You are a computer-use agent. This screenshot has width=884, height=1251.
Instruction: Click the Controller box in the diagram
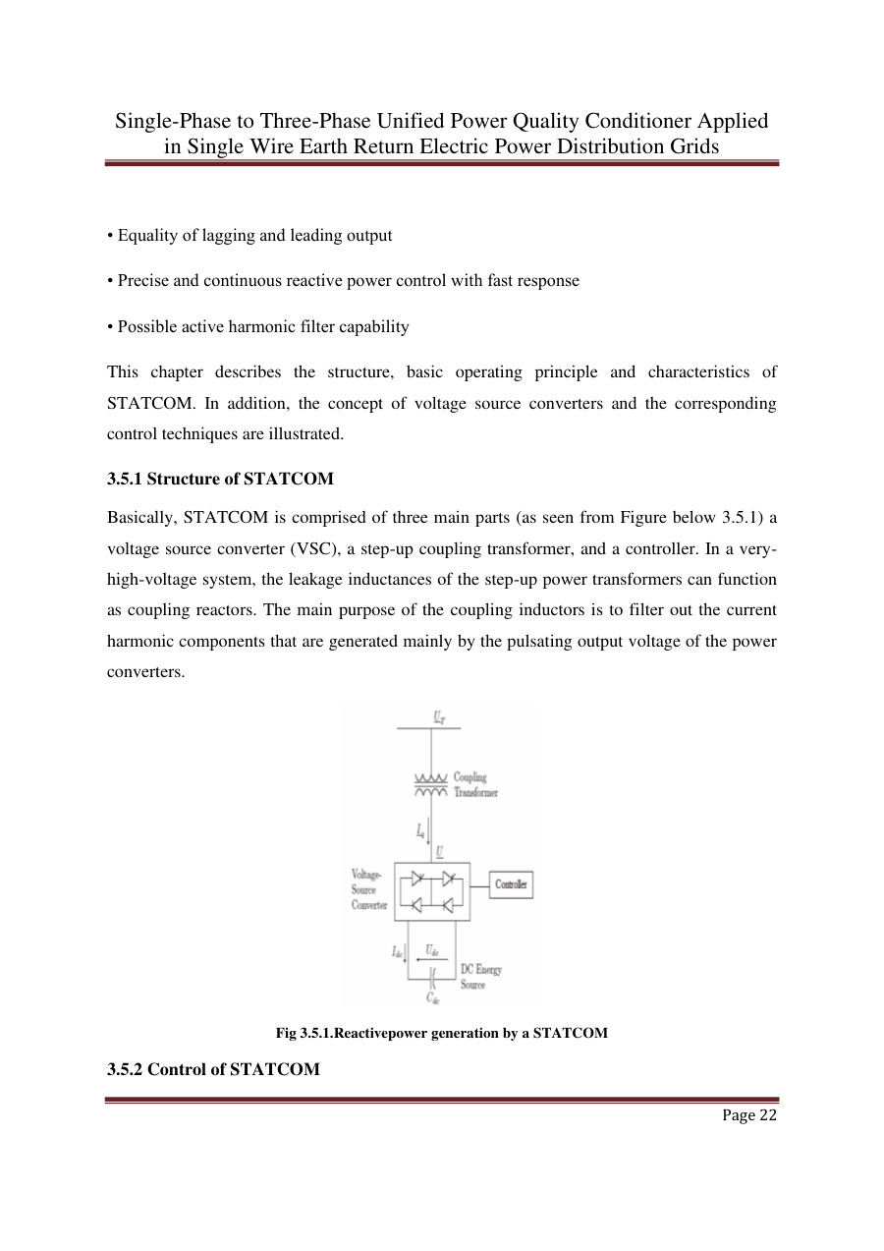510,884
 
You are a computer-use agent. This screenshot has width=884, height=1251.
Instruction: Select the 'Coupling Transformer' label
475,785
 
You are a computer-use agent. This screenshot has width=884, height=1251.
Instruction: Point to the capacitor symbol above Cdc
432,976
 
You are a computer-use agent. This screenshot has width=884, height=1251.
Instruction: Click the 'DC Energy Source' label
480,977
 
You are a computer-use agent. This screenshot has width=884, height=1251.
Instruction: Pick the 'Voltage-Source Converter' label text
370,889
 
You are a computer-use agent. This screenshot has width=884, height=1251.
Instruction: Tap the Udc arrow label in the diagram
432,950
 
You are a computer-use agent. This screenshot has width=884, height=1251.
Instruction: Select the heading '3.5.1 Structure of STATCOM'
220,480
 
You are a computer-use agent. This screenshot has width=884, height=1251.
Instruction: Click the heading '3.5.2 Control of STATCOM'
213,1068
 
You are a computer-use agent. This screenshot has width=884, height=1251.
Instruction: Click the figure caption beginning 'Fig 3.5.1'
441,1034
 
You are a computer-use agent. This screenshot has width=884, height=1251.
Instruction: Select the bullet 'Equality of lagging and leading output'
249,236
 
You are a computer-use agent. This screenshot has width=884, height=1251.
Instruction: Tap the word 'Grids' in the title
694,146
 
